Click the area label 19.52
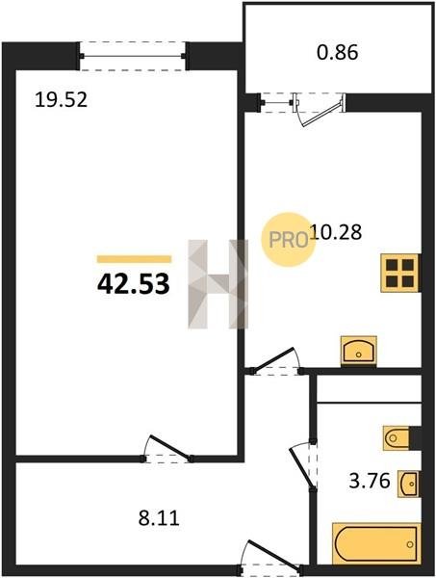(x=62, y=100)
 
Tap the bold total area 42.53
(x=134, y=284)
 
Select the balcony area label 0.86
(x=337, y=52)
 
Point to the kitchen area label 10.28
(x=336, y=232)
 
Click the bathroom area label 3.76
(x=370, y=481)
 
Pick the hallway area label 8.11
(x=159, y=518)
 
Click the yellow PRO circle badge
(x=289, y=240)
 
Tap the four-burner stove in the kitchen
(x=400, y=274)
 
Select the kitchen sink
(x=359, y=351)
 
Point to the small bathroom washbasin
(x=409, y=484)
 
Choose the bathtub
(x=376, y=544)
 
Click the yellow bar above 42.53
(x=134, y=259)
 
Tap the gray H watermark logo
(x=218, y=284)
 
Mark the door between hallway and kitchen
(x=274, y=362)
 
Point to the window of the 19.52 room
(x=132, y=56)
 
